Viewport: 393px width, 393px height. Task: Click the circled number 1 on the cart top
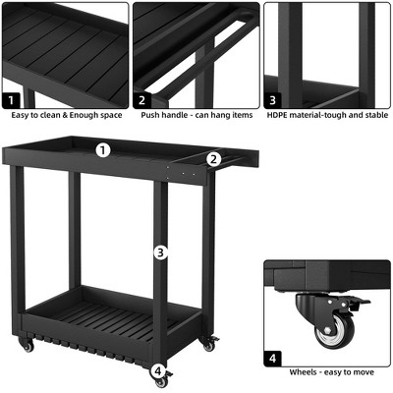(104, 150)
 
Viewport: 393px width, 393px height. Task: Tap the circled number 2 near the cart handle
(213, 158)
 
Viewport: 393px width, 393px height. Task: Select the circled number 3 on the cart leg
(160, 253)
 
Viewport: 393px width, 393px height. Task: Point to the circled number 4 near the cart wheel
(158, 370)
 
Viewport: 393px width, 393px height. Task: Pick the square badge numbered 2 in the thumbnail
(142, 99)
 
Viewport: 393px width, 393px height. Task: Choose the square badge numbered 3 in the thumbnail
(273, 99)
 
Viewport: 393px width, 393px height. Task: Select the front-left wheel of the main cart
(28, 347)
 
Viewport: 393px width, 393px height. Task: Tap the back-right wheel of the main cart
(209, 344)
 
